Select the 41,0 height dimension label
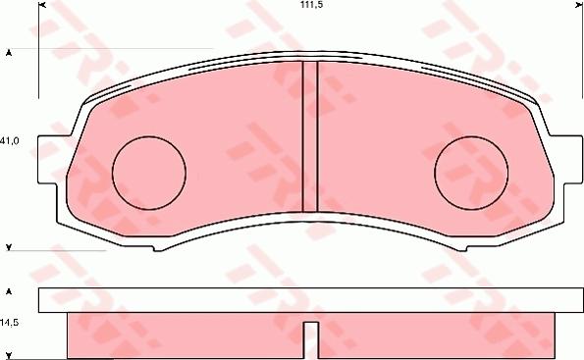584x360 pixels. point(11,141)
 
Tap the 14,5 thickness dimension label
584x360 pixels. point(10,322)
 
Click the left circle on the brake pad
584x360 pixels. point(149,172)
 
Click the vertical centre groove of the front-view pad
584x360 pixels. point(310,137)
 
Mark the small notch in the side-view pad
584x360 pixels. point(310,338)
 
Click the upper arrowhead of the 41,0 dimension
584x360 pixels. point(9,52)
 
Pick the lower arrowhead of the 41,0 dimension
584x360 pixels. point(9,245)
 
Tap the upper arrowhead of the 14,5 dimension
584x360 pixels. point(9,293)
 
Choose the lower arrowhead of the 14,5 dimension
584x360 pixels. point(9,353)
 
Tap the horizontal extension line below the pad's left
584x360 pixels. point(69,250)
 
